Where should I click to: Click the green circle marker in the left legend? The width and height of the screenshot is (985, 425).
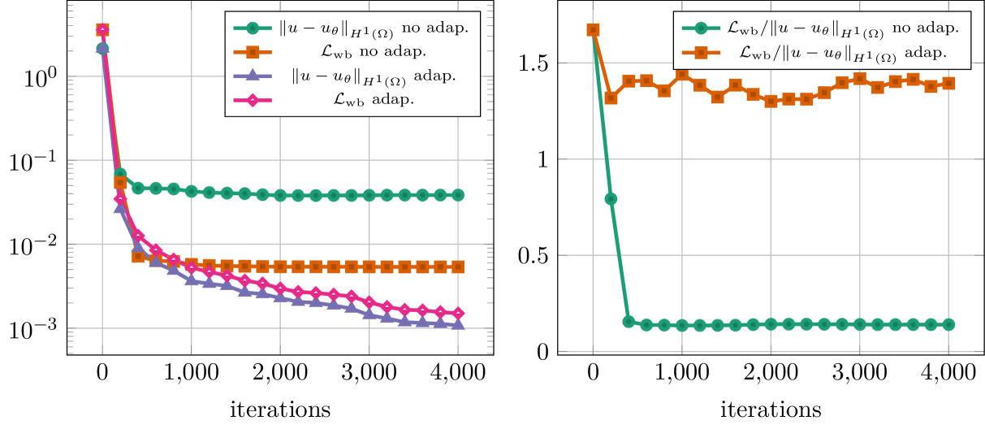pos(252,28)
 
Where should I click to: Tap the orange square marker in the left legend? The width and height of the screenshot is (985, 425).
pos(252,52)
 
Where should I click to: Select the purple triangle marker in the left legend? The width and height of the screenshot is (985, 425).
pos(252,76)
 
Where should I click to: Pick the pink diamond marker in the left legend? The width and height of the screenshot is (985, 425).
pos(252,100)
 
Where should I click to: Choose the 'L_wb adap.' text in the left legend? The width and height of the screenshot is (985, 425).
pos(374,100)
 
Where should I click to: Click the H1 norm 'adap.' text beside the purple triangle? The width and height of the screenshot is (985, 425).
pos(374,76)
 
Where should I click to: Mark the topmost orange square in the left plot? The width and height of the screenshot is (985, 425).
pos(102,30)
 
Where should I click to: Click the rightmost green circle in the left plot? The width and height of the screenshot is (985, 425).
pos(458,195)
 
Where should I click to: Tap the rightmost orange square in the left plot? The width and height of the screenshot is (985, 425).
pos(458,267)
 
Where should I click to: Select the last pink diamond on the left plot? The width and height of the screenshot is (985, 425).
pos(458,313)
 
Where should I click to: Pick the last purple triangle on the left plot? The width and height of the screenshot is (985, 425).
pos(458,324)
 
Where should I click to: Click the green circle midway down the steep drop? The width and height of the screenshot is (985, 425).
pos(611,199)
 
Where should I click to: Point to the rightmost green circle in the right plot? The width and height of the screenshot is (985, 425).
pos(948,324)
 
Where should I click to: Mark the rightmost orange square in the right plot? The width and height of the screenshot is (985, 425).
pos(948,83)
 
